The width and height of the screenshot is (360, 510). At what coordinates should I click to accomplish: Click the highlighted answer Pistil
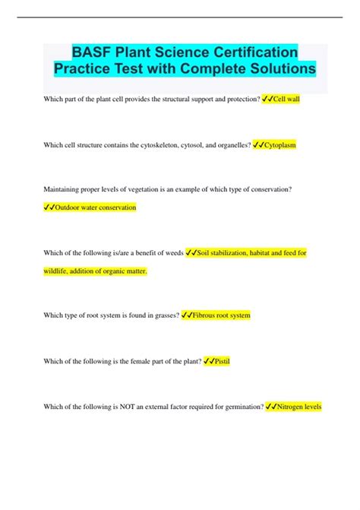[222, 361]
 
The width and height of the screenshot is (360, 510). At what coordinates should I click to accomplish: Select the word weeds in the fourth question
[171, 252]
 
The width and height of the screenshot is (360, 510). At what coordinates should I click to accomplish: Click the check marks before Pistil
[209, 361]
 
